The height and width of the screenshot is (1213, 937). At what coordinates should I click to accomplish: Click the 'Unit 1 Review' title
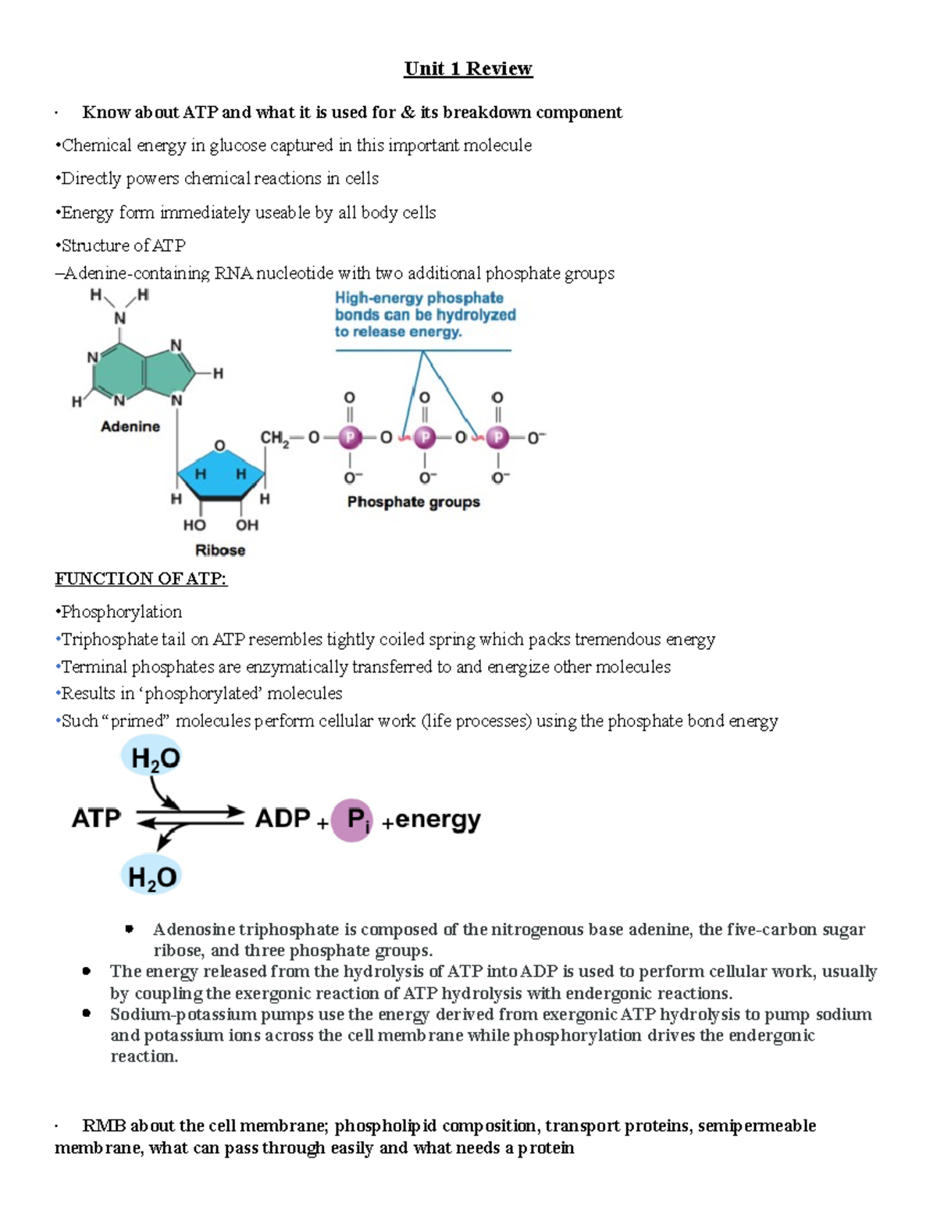(x=468, y=69)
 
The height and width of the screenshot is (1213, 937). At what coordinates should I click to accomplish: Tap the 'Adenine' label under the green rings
(x=130, y=426)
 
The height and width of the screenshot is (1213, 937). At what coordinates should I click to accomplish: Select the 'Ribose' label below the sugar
(x=220, y=550)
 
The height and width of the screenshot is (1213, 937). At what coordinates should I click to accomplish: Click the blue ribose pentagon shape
(x=220, y=472)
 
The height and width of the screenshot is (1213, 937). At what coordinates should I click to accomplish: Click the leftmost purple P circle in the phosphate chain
(x=350, y=437)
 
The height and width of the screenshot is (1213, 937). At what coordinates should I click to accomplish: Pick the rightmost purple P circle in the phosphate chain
(x=497, y=437)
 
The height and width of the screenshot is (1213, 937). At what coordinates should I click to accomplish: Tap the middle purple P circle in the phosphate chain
(x=425, y=437)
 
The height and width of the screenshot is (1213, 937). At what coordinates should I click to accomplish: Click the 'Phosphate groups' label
(x=413, y=501)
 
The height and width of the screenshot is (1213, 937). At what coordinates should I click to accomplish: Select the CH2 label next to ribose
(x=274, y=438)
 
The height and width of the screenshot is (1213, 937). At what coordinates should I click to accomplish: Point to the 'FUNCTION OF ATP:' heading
(x=141, y=579)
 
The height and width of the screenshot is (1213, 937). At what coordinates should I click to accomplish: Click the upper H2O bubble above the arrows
(x=155, y=758)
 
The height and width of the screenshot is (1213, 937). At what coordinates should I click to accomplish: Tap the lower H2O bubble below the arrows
(x=152, y=876)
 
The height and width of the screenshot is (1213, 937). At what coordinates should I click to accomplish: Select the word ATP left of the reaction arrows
(x=96, y=819)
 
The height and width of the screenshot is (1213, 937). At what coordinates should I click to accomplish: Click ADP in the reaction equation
(x=283, y=819)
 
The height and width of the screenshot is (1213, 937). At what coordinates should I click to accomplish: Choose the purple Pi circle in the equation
(x=352, y=820)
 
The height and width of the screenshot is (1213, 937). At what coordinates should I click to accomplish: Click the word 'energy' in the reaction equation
(x=437, y=819)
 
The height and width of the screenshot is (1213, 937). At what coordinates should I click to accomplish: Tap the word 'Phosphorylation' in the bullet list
(x=121, y=612)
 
